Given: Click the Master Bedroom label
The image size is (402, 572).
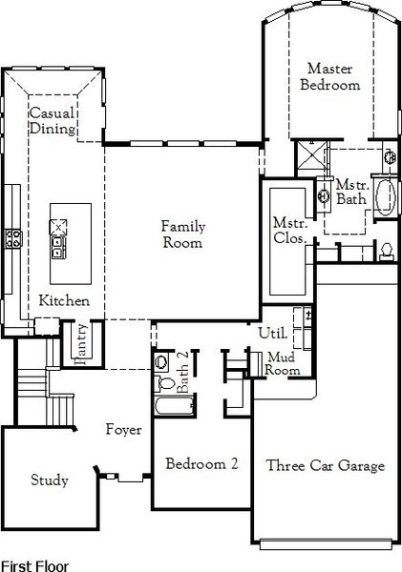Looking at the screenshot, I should coord(330,76).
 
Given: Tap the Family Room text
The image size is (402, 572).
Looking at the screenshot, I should coord(181,235).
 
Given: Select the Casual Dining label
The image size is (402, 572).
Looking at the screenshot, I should coord(52,121).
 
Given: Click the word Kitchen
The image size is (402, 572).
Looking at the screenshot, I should coord(64,301).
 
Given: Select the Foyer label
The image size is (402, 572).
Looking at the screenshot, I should coord(124,430).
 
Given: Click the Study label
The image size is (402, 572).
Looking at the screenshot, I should coord(49,480).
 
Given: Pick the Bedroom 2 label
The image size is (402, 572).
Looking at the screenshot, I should coord(201,464).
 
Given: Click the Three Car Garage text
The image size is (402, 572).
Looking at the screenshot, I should coord(325,466).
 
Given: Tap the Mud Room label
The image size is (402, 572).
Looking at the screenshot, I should coord(284,363).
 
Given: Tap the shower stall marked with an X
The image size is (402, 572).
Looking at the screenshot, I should coord(309,156).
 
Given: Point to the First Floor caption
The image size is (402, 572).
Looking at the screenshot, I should coord(34,564).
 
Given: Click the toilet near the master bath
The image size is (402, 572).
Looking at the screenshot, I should coord(387,251).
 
